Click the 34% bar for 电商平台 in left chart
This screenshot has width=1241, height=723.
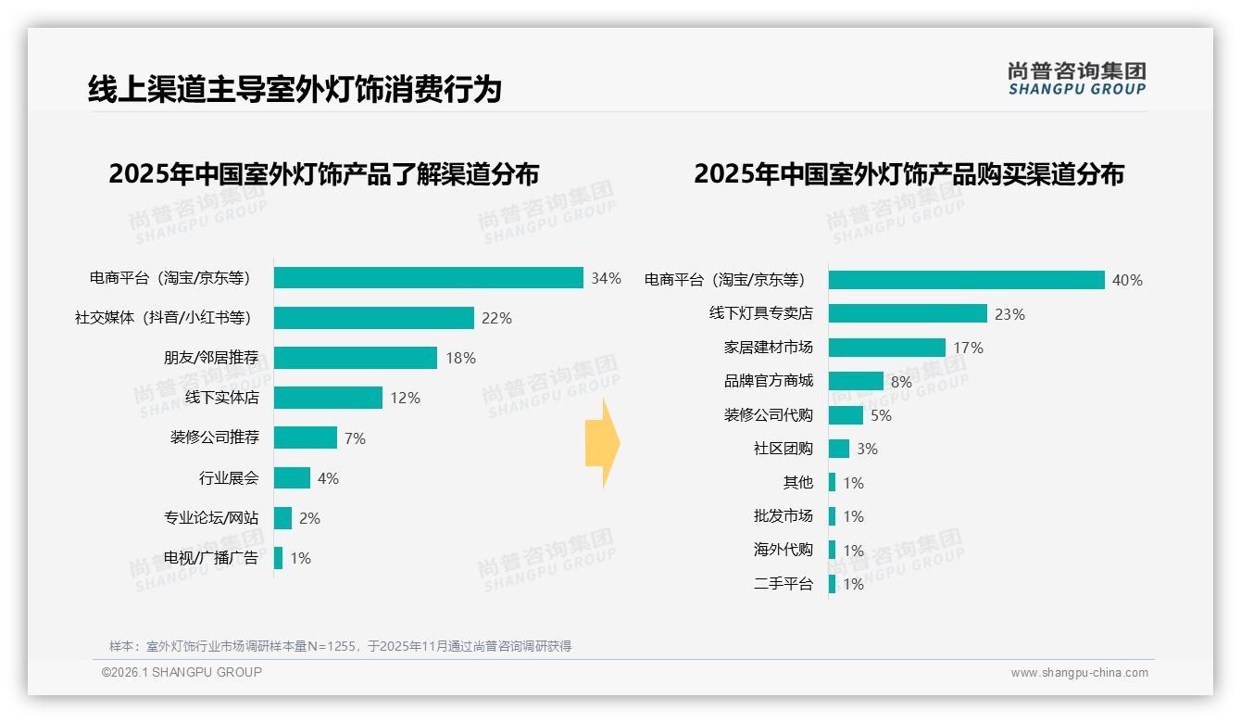(x=428, y=278)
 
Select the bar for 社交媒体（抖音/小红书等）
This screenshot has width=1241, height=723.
(x=373, y=318)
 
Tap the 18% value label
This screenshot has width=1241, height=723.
(x=460, y=358)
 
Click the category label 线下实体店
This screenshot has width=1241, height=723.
(x=221, y=398)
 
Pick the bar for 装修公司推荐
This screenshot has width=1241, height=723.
(x=305, y=438)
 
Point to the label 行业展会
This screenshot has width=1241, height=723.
(x=229, y=478)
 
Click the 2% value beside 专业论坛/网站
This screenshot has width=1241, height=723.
(x=309, y=518)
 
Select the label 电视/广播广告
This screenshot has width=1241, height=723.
(x=211, y=558)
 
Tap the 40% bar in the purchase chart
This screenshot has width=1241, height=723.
(x=966, y=280)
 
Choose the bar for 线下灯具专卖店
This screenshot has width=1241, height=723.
(x=908, y=313)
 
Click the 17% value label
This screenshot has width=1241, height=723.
(x=968, y=348)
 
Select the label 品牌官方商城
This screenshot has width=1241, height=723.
(x=768, y=381)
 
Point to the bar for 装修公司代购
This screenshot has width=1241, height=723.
(x=846, y=415)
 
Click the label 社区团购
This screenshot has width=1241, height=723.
(x=783, y=449)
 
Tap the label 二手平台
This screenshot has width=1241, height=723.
(x=783, y=584)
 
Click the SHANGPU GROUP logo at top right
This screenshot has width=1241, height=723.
(x=1076, y=79)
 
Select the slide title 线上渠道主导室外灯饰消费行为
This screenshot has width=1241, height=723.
(x=295, y=89)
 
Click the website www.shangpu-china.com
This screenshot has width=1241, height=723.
(x=1079, y=673)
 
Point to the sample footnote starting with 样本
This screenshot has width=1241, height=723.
(x=340, y=646)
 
